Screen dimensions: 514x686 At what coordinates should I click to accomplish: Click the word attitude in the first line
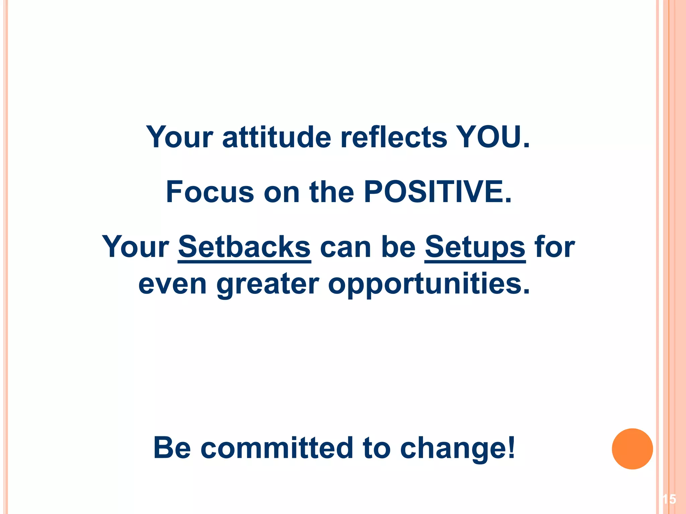(x=277, y=137)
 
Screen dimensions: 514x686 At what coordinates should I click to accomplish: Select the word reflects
(x=394, y=137)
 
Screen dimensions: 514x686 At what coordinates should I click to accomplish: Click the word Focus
(x=210, y=192)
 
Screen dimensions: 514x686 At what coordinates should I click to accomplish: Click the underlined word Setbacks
(x=244, y=247)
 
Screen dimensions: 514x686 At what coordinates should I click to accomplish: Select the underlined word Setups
(x=475, y=248)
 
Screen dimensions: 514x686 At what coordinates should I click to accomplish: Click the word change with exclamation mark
(x=458, y=448)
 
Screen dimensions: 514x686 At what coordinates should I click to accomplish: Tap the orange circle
(x=632, y=449)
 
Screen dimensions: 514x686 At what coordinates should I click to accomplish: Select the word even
(x=173, y=284)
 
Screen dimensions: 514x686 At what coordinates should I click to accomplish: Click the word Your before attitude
(x=180, y=137)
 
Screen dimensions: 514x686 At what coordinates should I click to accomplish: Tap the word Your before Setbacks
(x=135, y=247)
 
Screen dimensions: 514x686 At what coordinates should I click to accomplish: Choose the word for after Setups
(x=555, y=247)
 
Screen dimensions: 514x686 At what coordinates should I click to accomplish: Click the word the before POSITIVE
(x=332, y=192)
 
